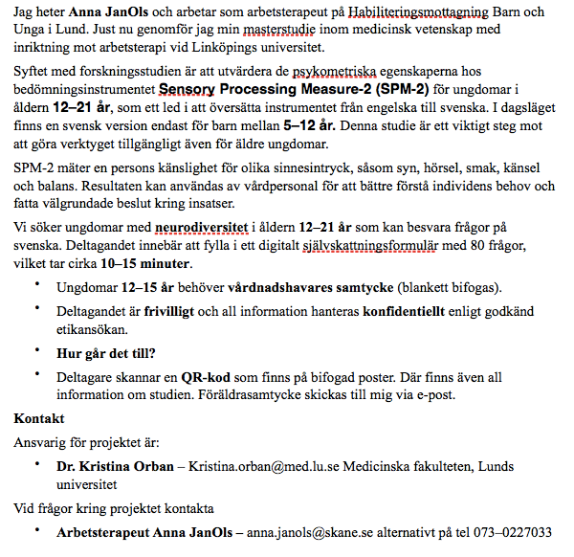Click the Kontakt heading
(x=39, y=419)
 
